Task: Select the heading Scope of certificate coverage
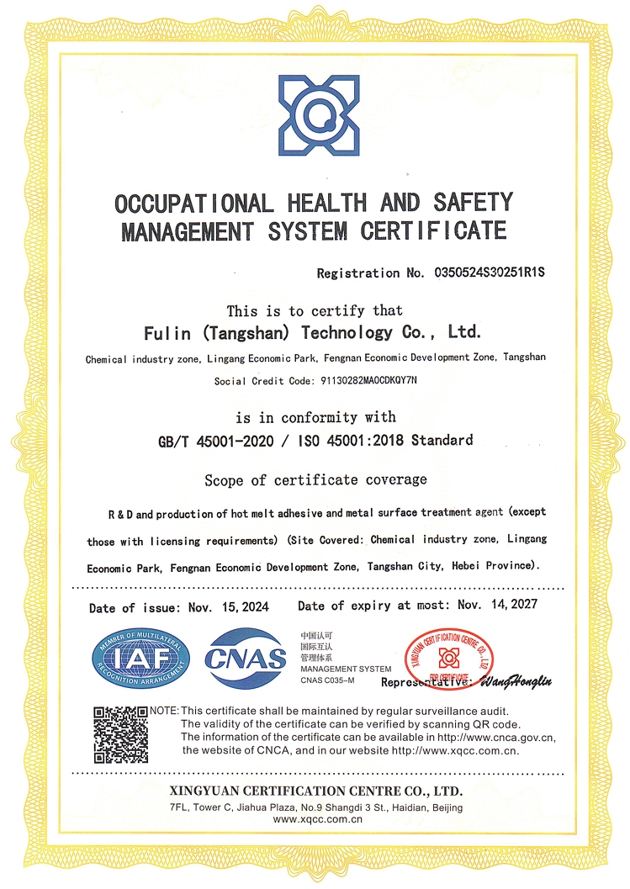click(x=315, y=480)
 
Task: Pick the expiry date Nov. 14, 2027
click(x=496, y=605)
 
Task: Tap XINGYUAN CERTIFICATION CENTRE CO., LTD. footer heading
click(x=315, y=791)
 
